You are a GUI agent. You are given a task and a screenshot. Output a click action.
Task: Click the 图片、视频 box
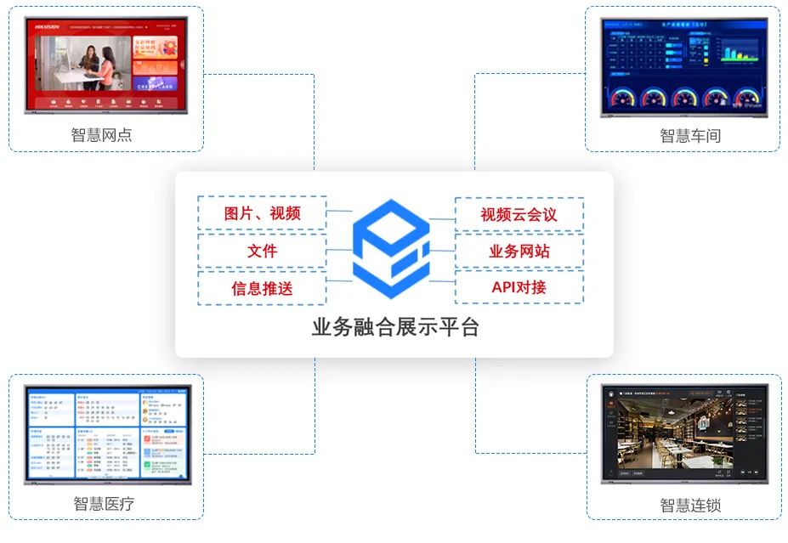pos(262,213)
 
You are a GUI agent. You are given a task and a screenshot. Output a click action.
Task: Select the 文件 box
pos(262,251)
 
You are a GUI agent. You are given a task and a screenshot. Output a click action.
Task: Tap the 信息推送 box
pos(262,288)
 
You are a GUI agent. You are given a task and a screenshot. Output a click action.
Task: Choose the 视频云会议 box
pos(519,214)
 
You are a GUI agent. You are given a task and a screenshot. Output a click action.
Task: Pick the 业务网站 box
pos(519,251)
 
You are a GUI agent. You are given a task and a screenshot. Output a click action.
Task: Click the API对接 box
pos(519,287)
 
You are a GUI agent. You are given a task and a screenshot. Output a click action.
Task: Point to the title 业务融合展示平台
pos(394,327)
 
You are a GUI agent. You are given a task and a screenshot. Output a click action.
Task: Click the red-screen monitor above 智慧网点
pos(106,66)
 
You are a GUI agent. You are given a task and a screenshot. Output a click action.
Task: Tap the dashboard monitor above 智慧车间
pos(683,66)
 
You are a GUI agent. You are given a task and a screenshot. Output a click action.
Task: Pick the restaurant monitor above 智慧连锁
pos(684,433)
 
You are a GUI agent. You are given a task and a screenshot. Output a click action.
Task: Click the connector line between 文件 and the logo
pos(339,250)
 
